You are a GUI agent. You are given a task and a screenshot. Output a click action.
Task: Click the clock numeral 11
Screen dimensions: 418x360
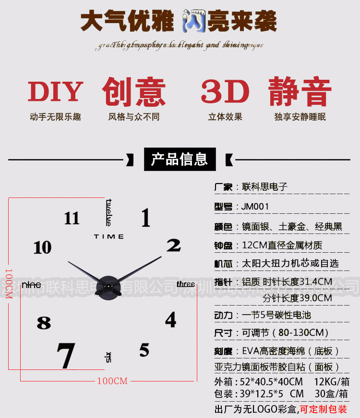point(72,218)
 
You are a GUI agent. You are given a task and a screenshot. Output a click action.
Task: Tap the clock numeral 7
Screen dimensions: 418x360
point(66,356)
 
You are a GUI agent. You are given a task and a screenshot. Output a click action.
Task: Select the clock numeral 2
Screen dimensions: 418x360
point(173,246)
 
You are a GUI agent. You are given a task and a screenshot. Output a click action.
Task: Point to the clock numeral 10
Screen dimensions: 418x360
point(42,247)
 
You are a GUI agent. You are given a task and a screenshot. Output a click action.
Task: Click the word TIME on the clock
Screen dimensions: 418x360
point(109,236)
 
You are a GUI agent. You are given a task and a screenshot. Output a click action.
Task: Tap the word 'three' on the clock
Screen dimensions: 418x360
point(186,284)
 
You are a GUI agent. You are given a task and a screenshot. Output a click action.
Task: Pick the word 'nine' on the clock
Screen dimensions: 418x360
point(31,284)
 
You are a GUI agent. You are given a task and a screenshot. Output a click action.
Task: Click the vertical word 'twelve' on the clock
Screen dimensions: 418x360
point(108,212)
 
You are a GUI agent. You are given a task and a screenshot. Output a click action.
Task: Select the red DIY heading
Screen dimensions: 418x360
point(55,92)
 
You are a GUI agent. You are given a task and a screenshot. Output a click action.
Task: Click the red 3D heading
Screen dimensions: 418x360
point(225,92)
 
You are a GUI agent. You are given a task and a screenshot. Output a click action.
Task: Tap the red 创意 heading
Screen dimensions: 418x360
point(134,92)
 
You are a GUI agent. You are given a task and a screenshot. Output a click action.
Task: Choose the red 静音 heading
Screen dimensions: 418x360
point(300,92)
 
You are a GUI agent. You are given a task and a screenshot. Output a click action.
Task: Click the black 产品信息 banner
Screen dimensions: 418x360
point(180,160)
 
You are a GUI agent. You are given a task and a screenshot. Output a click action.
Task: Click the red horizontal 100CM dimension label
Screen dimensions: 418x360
point(112,381)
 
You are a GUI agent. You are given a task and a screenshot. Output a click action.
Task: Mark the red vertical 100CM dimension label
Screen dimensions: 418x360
point(8,283)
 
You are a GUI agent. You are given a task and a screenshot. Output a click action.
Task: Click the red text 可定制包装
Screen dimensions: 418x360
point(324,409)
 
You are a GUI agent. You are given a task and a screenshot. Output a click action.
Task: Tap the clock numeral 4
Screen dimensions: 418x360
point(171,320)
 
